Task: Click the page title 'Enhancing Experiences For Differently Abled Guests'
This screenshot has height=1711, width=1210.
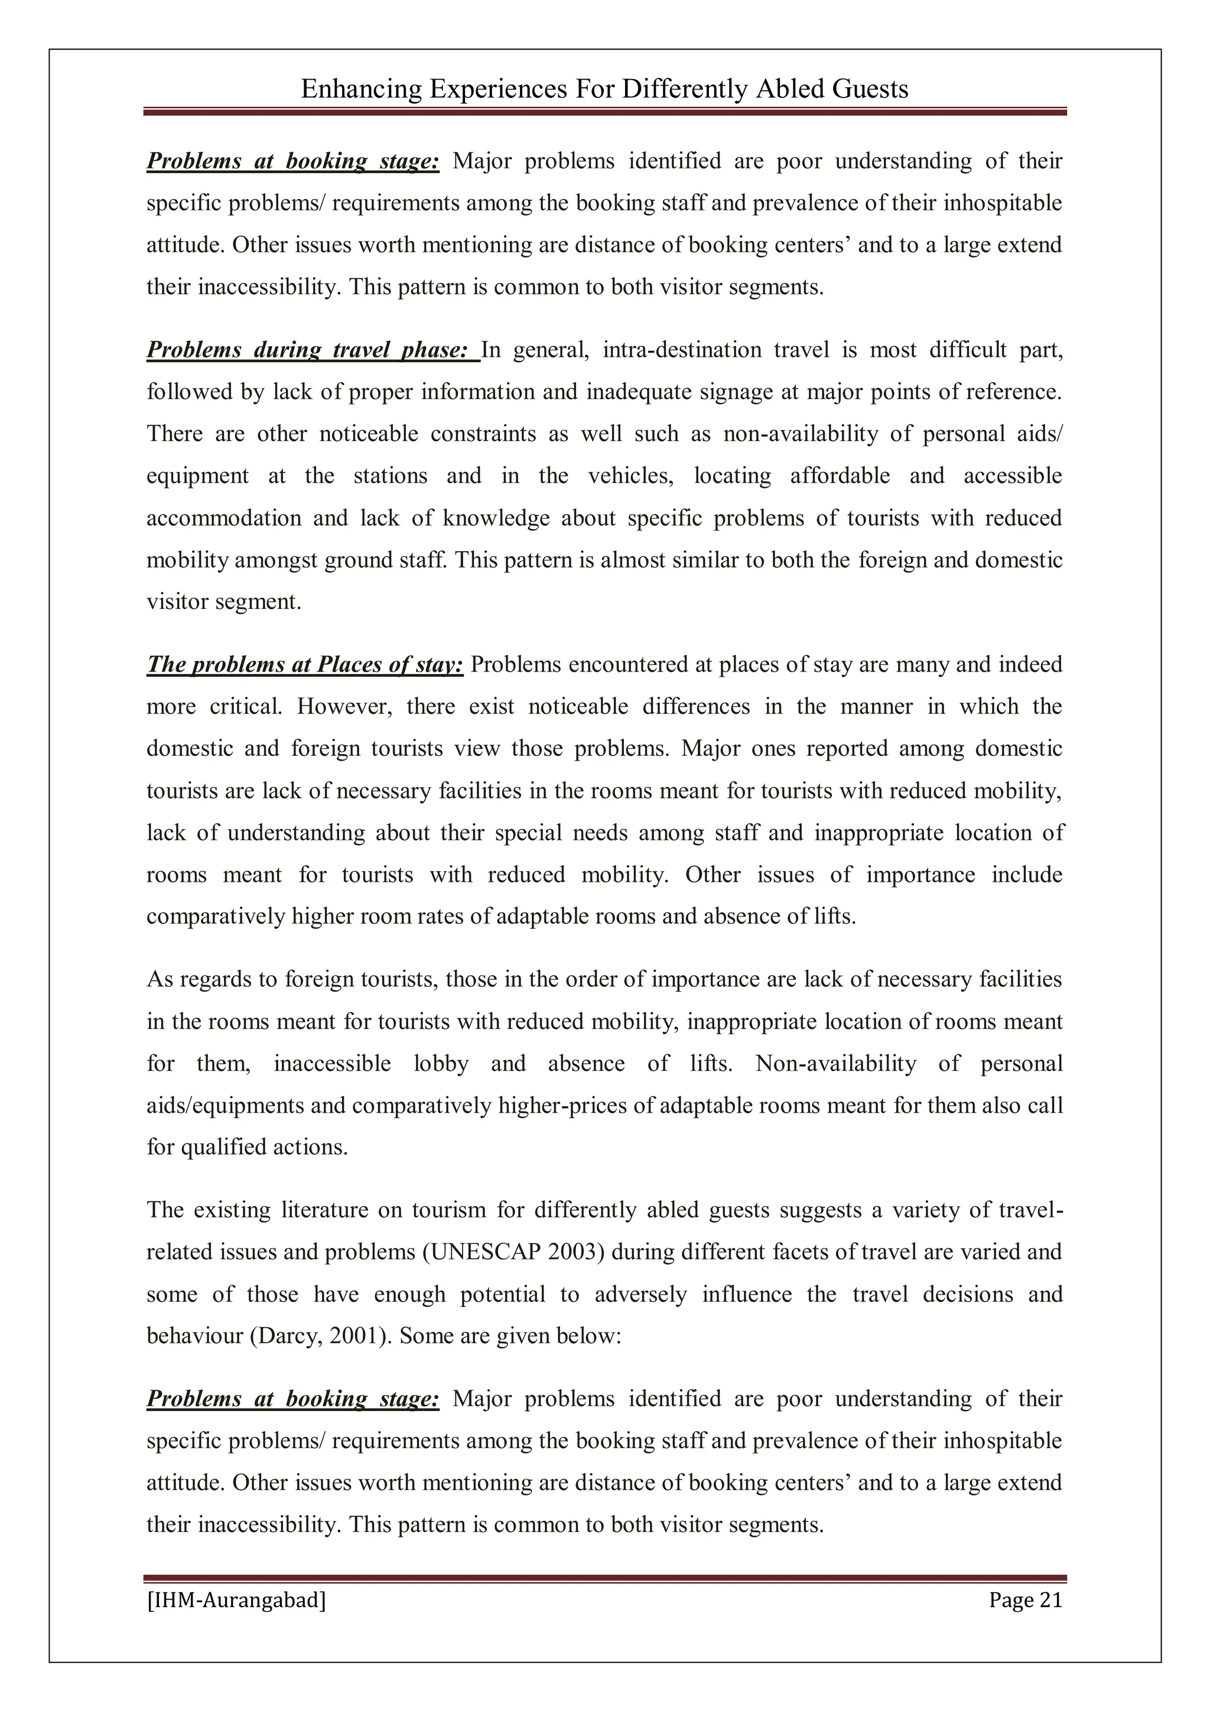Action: [x=604, y=89]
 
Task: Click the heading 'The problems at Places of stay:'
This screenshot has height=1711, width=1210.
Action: [x=305, y=664]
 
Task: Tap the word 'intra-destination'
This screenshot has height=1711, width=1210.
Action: [x=681, y=350]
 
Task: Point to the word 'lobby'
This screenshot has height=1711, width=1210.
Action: [x=441, y=1063]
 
